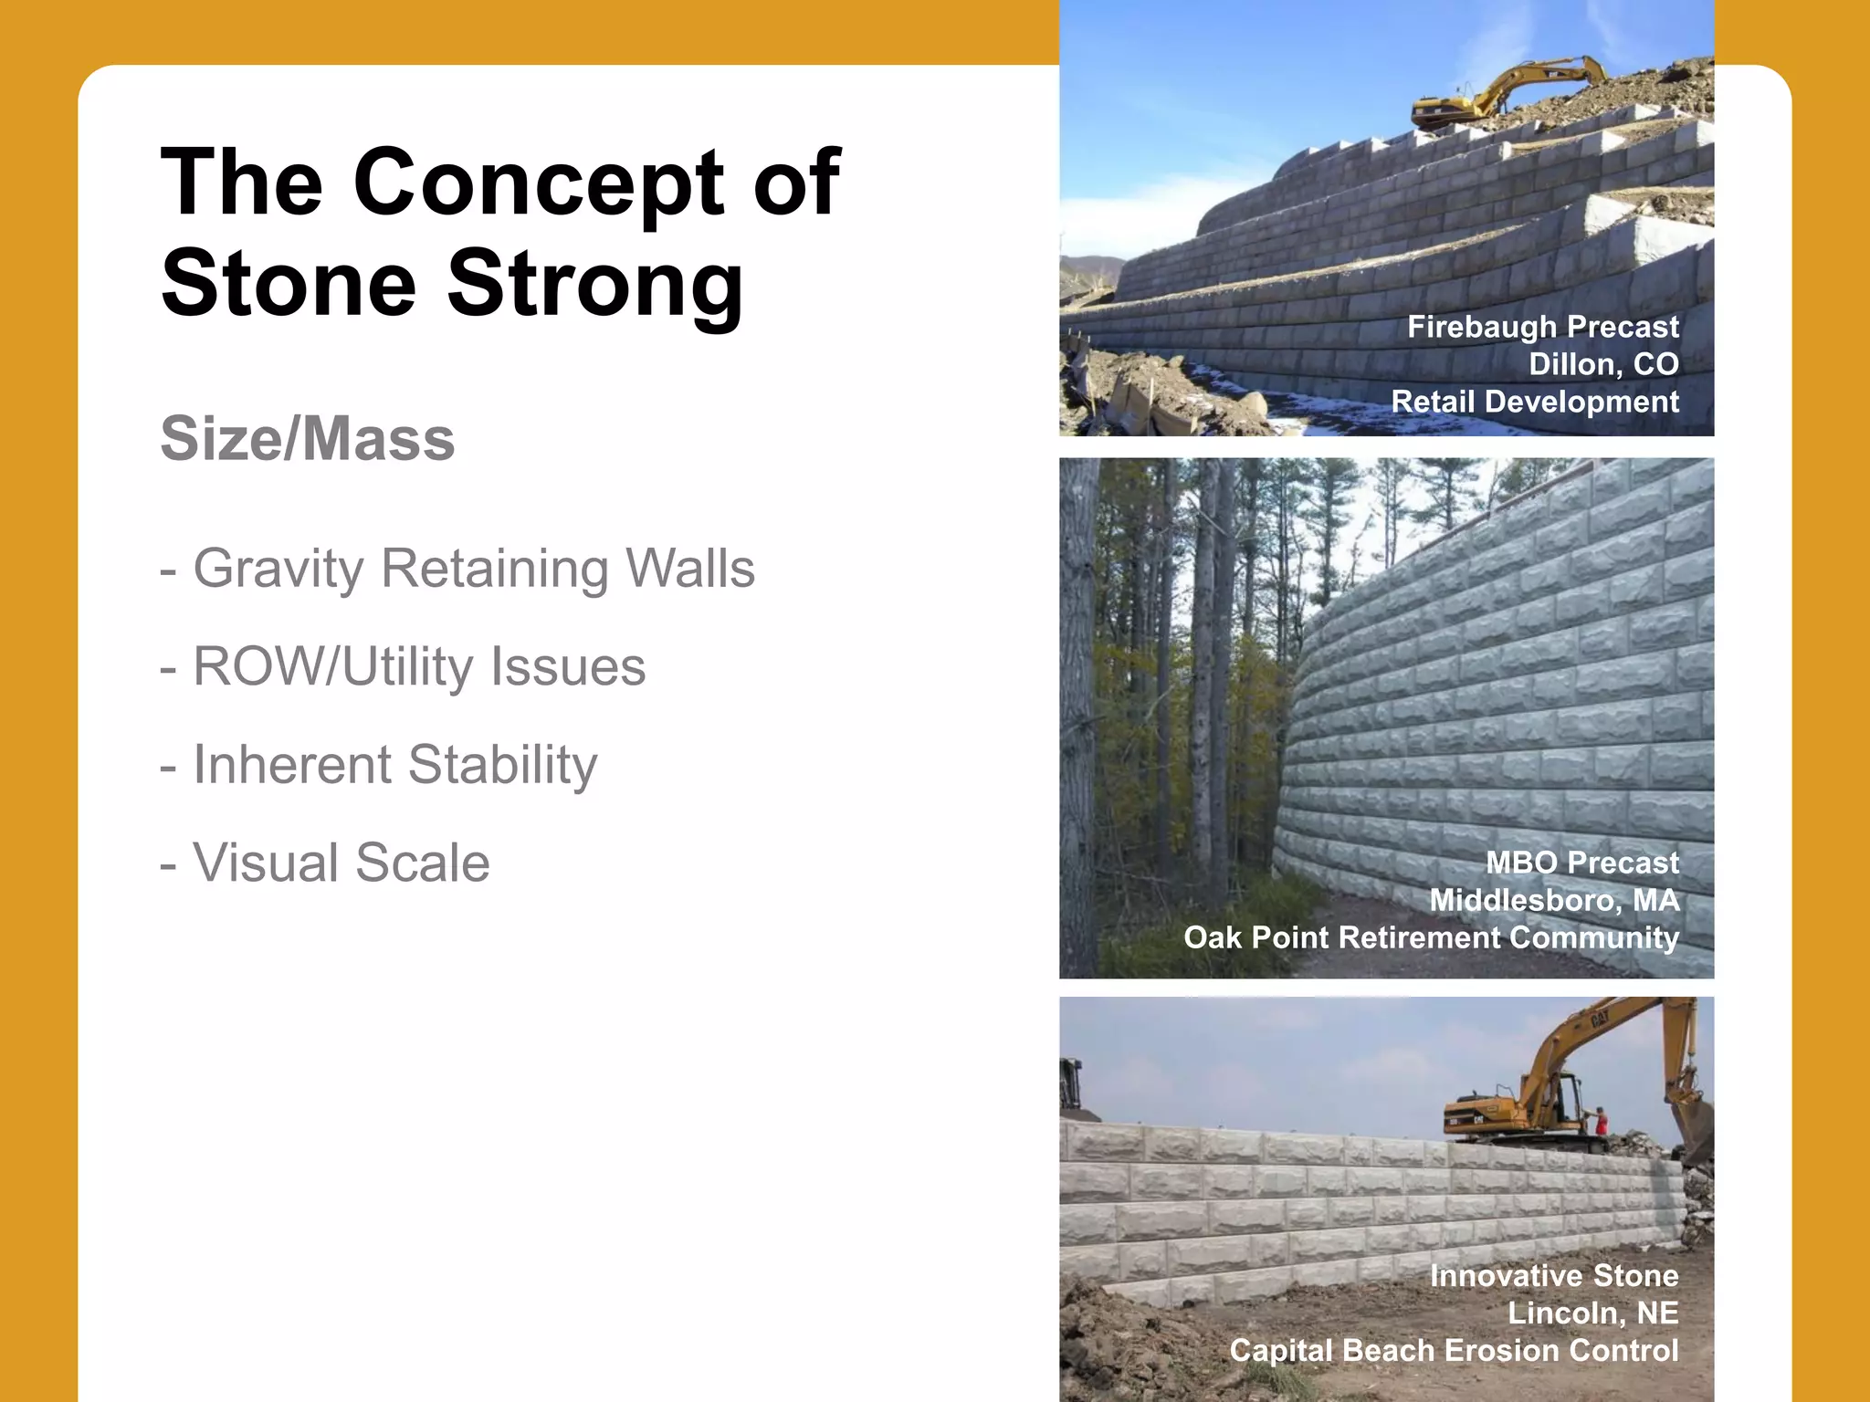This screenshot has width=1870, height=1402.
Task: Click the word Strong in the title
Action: [594, 283]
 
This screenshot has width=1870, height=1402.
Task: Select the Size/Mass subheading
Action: [308, 439]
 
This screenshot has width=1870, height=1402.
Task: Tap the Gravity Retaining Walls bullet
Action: [457, 569]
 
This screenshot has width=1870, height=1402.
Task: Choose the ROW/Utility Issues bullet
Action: [403, 666]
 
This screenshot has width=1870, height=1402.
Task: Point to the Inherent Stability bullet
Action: [379, 765]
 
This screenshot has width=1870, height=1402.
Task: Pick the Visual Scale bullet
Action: [325, 863]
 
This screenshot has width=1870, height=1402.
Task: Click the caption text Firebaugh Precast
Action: [1542, 327]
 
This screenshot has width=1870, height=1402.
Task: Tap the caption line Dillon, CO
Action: [1603, 364]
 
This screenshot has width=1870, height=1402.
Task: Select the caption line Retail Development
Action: [1534, 402]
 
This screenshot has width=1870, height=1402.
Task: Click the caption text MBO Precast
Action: [1581, 863]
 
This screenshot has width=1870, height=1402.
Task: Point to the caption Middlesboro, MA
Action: [1553, 900]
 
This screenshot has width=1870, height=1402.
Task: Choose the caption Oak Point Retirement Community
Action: [1431, 937]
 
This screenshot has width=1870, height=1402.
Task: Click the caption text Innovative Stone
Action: [1553, 1275]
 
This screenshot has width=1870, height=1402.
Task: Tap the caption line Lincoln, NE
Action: [1592, 1313]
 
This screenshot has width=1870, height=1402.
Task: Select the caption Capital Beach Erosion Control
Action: [1454, 1350]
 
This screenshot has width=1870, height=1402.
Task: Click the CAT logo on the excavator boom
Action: [1598, 1019]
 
